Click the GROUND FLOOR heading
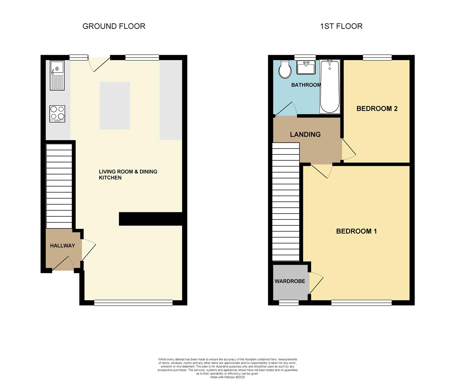[114, 26]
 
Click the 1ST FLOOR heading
[341, 26]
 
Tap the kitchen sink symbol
[57, 75]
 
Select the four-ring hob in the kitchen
[57, 114]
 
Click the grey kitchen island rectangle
[115, 105]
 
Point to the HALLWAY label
[62, 246]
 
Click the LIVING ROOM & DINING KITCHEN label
[128, 174]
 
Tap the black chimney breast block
[150, 219]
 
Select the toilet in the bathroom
[285, 70]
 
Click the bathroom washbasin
[306, 67]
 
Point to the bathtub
[329, 86]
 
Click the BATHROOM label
[306, 85]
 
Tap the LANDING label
[305, 134]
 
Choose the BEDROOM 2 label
[377, 109]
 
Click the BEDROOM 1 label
[356, 231]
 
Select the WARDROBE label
[290, 281]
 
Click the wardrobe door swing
[316, 282]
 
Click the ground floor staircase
[59, 186]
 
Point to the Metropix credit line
[227, 377]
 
